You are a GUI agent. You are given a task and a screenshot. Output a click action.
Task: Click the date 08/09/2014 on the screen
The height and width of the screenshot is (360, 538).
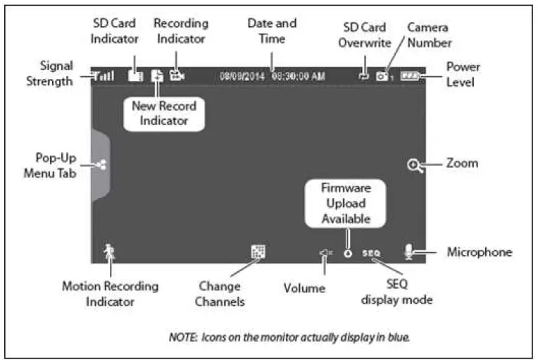coord(242,75)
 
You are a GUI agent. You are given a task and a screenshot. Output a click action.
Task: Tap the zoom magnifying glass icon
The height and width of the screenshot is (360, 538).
coord(415,165)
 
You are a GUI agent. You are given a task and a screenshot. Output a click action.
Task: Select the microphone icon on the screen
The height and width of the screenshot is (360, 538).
coord(408,252)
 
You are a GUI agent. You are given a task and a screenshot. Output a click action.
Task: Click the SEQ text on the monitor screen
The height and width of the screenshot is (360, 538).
coord(371,252)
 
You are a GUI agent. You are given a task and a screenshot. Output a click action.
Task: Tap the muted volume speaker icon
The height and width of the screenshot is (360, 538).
coord(325,252)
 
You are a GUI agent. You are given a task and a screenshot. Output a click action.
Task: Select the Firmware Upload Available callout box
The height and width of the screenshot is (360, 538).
coord(346,204)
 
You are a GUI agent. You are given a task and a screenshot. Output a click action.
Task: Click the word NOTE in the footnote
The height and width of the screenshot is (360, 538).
coord(184,337)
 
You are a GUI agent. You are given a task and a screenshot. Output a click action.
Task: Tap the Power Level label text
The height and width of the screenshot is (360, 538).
coord(462,74)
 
